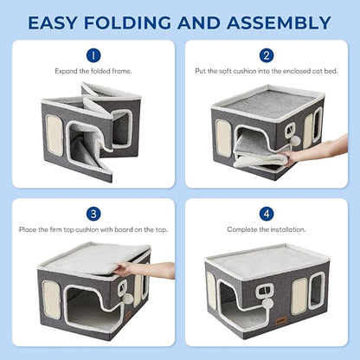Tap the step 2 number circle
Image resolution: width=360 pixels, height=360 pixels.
point(266,54)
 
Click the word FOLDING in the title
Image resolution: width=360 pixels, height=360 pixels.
point(156,21)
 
